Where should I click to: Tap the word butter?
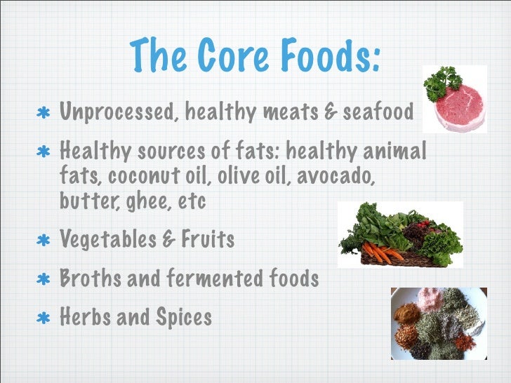(x=83, y=202)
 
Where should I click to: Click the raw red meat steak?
(x=460, y=106)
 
